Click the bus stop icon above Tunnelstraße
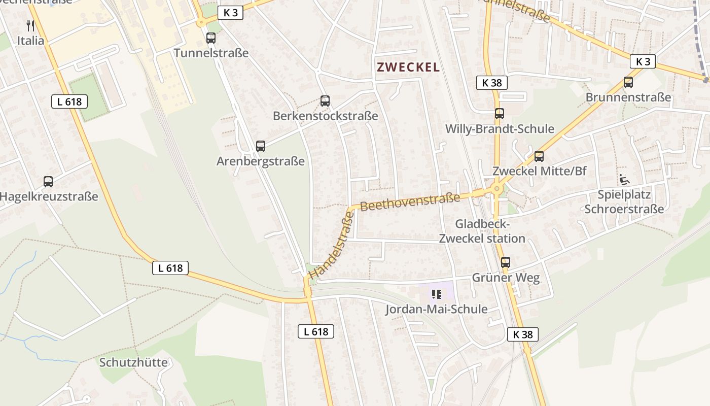tap(211, 38)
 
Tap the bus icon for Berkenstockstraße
tap(325, 101)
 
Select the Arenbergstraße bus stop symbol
tap(261, 146)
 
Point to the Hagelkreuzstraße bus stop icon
tap(48, 181)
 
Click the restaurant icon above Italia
tap(30, 25)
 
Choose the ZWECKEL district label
tap(408, 67)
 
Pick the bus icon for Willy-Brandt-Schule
tap(500, 114)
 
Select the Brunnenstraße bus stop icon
tap(628, 82)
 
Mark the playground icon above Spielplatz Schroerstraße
tap(624, 180)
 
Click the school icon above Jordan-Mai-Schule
tap(436, 294)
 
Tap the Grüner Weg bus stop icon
tap(506, 262)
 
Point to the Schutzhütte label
tap(133, 362)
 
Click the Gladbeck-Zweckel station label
tap(482, 231)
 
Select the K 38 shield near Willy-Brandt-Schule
tap(492, 83)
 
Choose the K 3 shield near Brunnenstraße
tap(643, 61)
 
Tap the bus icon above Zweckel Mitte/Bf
tap(539, 156)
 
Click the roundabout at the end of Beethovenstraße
tap(496, 189)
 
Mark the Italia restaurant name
tap(31, 41)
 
